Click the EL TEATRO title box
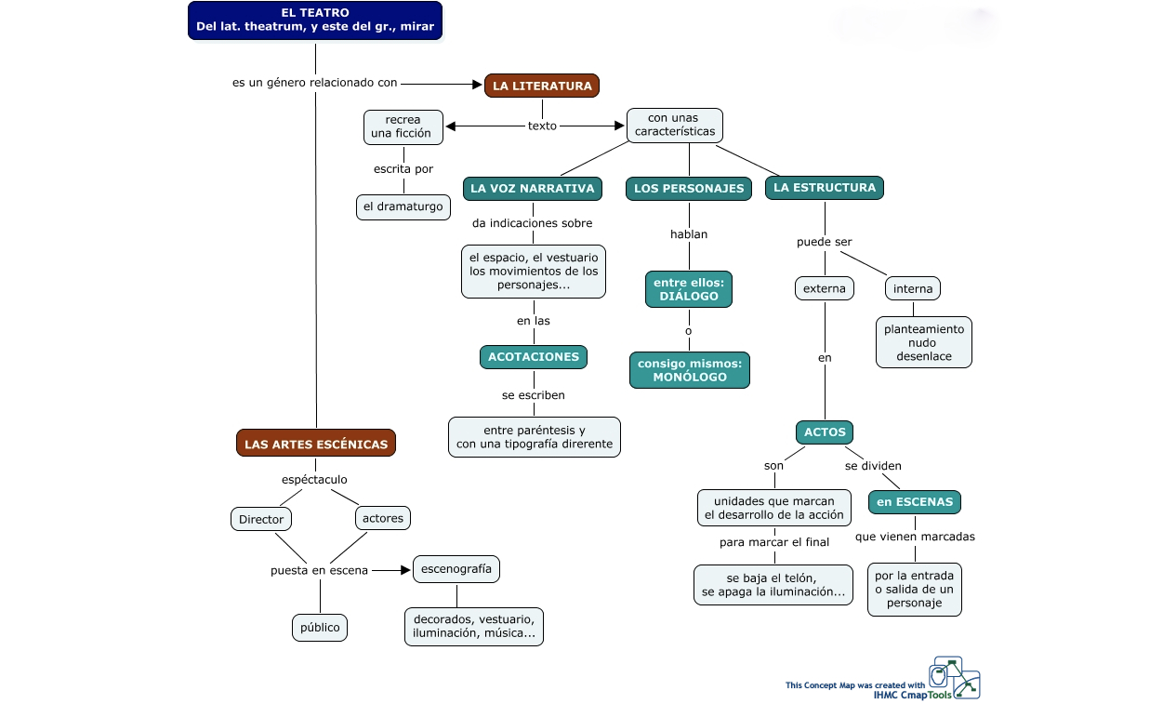pyautogui.click(x=315, y=20)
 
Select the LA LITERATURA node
pyautogui.click(x=542, y=86)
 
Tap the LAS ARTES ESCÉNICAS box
pyautogui.click(x=316, y=444)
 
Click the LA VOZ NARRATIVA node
pyautogui.click(x=533, y=188)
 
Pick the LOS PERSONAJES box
pyautogui.click(x=689, y=188)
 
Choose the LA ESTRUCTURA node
pyautogui.click(x=825, y=187)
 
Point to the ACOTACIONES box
pyautogui.click(x=534, y=356)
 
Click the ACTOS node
pyautogui.click(x=825, y=432)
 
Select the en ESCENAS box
pyautogui.click(x=915, y=501)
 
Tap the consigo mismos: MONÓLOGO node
pyautogui.click(x=689, y=370)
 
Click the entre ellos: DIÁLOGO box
pyautogui.click(x=689, y=289)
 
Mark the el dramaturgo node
pyautogui.click(x=403, y=206)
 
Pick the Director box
pyautogui.click(x=261, y=519)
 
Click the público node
pyautogui.click(x=320, y=628)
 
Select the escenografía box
pyautogui.click(x=456, y=568)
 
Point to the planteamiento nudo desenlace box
pyautogui.click(x=923, y=342)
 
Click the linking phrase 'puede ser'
pyautogui.click(x=825, y=242)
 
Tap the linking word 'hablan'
pyautogui.click(x=689, y=234)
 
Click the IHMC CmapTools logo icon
pyautogui.click(x=955, y=678)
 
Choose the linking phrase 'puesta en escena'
pyautogui.click(x=319, y=570)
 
